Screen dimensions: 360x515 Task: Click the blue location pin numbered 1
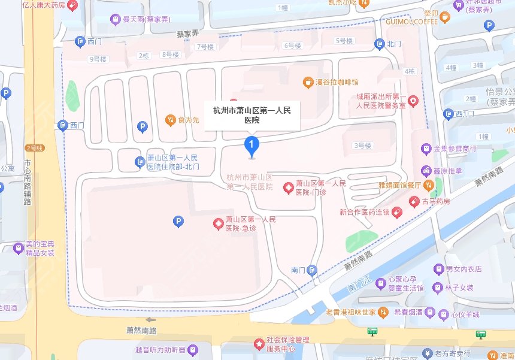(x=252, y=144)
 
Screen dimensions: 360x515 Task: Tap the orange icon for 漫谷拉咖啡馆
(x=307, y=81)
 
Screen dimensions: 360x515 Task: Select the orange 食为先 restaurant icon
(x=170, y=120)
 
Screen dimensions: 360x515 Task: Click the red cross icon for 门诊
(x=288, y=188)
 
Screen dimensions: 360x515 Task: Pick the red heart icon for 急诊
(x=219, y=224)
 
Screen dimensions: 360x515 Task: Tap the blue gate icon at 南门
(x=312, y=270)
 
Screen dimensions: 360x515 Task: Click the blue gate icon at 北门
(x=379, y=43)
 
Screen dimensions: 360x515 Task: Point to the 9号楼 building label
(x=97, y=59)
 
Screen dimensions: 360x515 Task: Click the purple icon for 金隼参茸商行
(x=426, y=148)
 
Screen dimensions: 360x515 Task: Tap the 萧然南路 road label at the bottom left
(x=141, y=331)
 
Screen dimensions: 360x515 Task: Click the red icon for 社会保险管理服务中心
(x=259, y=344)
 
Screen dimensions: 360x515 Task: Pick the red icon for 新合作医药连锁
(x=396, y=212)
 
